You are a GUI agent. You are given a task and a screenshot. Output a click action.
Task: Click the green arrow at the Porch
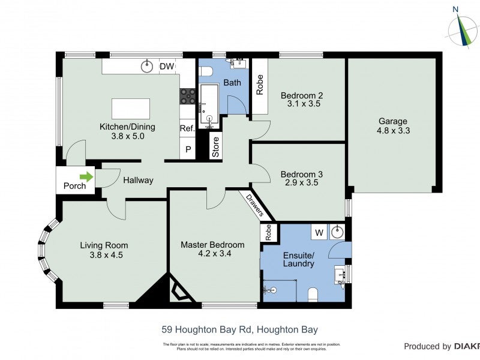point(87,177)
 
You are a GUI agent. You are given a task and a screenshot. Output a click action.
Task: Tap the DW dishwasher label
point(166,67)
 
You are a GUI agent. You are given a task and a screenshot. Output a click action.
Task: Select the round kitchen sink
point(147,66)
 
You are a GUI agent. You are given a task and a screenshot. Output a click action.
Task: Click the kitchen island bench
point(130,109)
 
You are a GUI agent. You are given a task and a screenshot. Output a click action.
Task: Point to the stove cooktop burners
point(188,97)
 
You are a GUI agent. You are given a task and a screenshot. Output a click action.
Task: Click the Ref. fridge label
point(187,128)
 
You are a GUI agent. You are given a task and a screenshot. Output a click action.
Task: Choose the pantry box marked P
point(188,149)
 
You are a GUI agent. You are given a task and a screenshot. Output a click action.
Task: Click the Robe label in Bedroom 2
point(260,85)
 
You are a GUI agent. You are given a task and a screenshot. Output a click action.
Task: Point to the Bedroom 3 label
point(302,175)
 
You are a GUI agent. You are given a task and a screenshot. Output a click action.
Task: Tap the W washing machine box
point(319,232)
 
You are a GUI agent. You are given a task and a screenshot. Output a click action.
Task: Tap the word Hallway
point(138,180)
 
